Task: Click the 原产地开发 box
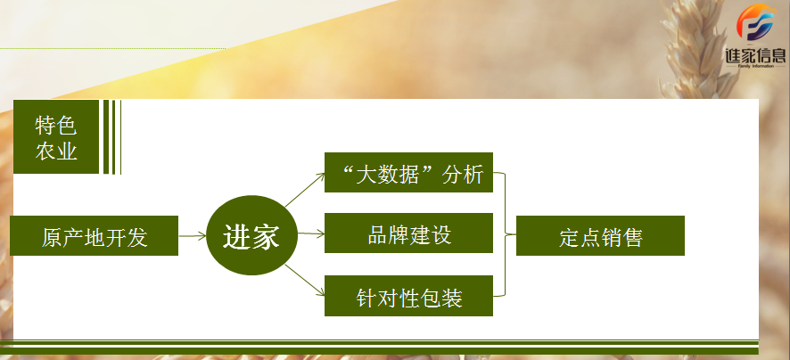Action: click(x=95, y=235)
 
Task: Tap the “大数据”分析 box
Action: click(x=408, y=172)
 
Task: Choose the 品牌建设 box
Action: click(x=408, y=233)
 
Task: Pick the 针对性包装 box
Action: click(x=408, y=296)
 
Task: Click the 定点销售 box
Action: click(x=601, y=235)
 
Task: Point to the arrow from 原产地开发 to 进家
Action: click(x=193, y=235)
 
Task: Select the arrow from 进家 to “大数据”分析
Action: click(x=305, y=190)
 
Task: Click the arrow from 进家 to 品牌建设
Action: click(x=311, y=233)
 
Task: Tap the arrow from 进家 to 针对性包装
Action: click(x=305, y=280)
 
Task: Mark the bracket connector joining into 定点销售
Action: click(x=505, y=234)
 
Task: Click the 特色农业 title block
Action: click(x=56, y=137)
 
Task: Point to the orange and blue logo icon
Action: click(x=755, y=22)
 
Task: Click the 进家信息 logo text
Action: click(x=755, y=54)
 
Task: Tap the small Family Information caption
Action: click(x=755, y=66)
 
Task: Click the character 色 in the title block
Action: click(x=67, y=126)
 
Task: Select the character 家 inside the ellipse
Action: click(x=266, y=235)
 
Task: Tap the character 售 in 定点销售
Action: click(x=633, y=238)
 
